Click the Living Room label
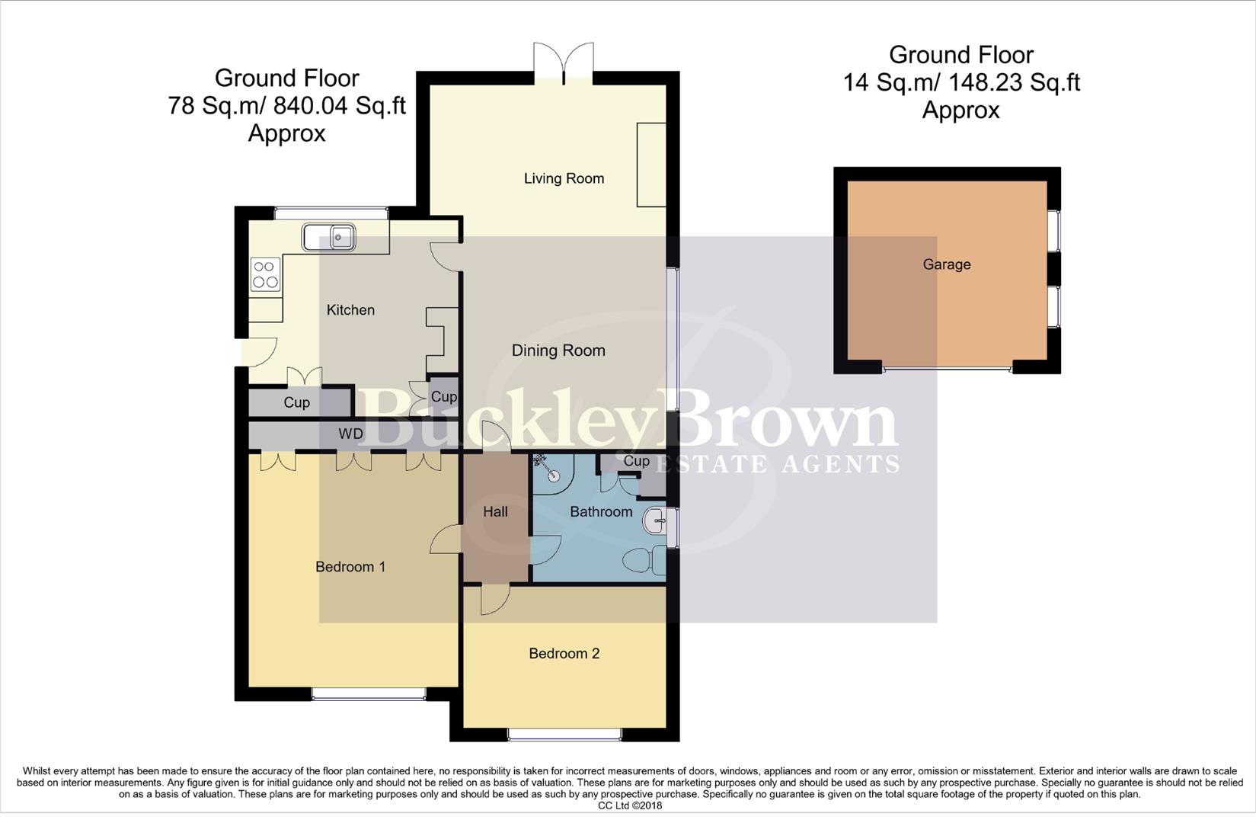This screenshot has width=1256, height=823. pyautogui.click(x=564, y=178)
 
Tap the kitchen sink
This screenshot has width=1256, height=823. pyautogui.click(x=329, y=238)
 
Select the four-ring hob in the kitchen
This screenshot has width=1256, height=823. pyautogui.click(x=265, y=274)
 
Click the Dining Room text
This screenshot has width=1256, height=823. pyautogui.click(x=558, y=351)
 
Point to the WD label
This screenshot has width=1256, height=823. pyautogui.click(x=350, y=434)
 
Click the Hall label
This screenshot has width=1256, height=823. pyautogui.click(x=495, y=512)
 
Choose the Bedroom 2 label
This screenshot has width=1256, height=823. pyautogui.click(x=564, y=653)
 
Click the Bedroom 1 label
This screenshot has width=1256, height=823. pyautogui.click(x=350, y=567)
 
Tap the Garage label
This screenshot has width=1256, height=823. pyautogui.click(x=947, y=264)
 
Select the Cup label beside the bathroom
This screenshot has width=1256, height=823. pyautogui.click(x=636, y=461)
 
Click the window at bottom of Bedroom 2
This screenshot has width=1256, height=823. pyautogui.click(x=564, y=735)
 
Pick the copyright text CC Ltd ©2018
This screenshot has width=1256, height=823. pyautogui.click(x=629, y=805)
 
